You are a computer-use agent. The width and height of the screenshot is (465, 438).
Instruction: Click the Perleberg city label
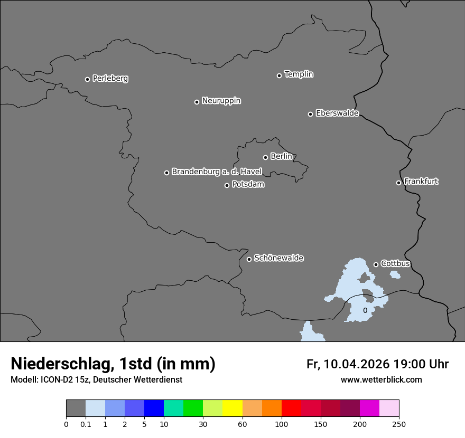click(110, 79)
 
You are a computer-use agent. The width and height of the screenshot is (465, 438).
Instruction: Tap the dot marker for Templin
click(279, 75)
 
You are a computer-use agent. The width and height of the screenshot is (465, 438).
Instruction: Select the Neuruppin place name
click(221, 101)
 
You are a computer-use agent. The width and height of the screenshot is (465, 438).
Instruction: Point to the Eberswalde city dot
click(310, 114)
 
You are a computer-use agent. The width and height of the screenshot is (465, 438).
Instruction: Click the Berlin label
click(281, 157)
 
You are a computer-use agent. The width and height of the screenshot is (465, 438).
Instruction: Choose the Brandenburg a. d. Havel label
click(217, 172)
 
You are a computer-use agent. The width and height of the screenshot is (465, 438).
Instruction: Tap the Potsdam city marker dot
click(227, 185)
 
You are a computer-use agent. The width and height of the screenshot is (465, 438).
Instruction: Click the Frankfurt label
click(421, 182)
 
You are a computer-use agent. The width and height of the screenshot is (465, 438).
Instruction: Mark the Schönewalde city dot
click(249, 259)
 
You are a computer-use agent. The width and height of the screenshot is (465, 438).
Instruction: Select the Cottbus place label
click(395, 264)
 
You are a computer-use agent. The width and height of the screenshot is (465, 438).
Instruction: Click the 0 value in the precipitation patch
click(365, 310)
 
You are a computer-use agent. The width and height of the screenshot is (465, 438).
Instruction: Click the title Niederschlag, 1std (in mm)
click(113, 364)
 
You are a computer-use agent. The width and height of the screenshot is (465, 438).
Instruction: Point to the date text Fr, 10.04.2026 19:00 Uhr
click(377, 364)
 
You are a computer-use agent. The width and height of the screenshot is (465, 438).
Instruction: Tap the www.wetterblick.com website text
click(381, 380)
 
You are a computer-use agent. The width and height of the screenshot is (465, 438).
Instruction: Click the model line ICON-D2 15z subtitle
click(96, 380)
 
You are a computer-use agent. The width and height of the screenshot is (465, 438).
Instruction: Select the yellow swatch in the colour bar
click(232, 408)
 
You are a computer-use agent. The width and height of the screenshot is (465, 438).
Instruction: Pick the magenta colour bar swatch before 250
click(369, 408)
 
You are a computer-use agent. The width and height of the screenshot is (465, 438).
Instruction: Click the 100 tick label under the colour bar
click(282, 424)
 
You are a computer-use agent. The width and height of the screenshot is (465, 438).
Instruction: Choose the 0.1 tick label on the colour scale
click(86, 424)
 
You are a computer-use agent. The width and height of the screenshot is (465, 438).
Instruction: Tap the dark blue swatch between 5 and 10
click(154, 408)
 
